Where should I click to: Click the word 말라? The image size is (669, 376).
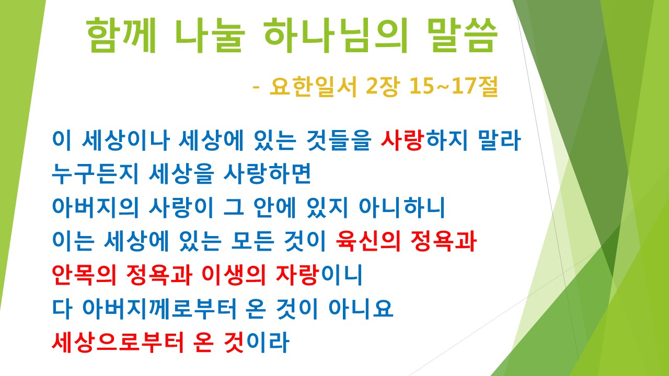point(500,141)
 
